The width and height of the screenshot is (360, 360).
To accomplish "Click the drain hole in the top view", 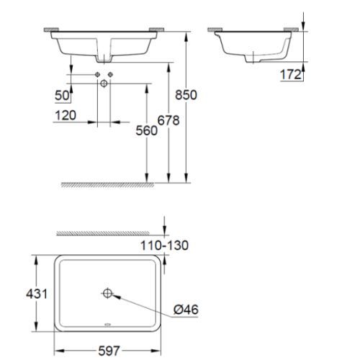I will pyautogui.click(x=108, y=293).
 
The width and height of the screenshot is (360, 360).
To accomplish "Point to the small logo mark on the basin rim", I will pyautogui.click(x=108, y=325).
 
